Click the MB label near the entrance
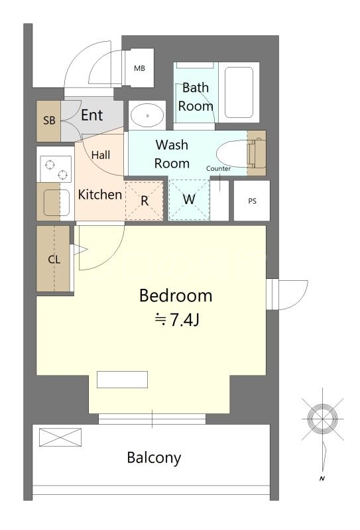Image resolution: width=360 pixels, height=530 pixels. [x=139, y=68]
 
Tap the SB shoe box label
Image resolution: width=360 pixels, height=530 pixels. [x=49, y=121]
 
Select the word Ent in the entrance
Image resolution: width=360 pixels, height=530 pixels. [x=91, y=115]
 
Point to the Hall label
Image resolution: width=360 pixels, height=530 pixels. [x=101, y=155]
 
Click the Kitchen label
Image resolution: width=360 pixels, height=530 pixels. [x=100, y=195]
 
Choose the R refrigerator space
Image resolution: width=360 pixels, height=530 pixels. [x=145, y=201]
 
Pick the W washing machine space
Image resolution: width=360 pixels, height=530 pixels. [x=189, y=199]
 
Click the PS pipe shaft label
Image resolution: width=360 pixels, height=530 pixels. [x=252, y=201]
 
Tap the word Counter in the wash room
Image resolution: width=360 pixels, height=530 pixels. [x=218, y=168]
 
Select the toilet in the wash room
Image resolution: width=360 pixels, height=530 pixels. [x=241, y=154]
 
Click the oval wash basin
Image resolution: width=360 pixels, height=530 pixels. [x=148, y=115]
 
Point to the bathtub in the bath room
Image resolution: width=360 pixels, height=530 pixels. [x=239, y=92]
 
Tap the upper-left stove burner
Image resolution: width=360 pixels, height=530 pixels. [x=50, y=165]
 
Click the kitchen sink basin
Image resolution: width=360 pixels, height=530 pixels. [x=56, y=202]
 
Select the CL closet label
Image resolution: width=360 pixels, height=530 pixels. [x=54, y=260]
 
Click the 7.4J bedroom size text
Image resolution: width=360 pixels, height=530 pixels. [x=184, y=319]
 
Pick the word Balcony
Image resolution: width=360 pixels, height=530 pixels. [x=154, y=458]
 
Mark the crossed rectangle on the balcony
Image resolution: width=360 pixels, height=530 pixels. [x=60, y=437]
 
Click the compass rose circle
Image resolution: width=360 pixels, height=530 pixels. [x=322, y=419]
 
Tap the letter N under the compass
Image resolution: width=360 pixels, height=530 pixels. [x=322, y=478]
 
